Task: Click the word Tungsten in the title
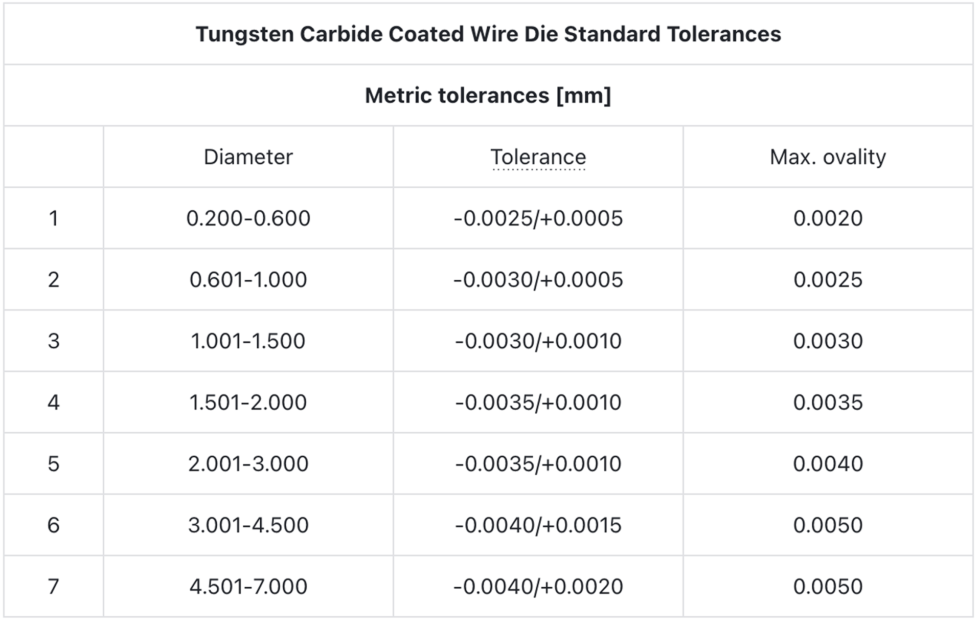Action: tap(244, 35)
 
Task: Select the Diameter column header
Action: tap(248, 157)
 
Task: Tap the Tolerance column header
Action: tap(538, 157)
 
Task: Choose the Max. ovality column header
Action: tap(828, 157)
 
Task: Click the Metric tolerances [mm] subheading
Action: tap(488, 96)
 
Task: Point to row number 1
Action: tap(53, 218)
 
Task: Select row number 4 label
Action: tap(53, 403)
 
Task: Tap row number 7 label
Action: tap(53, 587)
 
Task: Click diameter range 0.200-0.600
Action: tap(248, 218)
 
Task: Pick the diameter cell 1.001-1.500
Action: tap(248, 341)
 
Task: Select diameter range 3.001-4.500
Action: tap(248, 525)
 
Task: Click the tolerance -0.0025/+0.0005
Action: tap(538, 218)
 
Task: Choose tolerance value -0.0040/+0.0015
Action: tap(538, 525)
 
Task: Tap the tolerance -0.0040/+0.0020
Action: tap(538, 587)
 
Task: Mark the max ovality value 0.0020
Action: tap(828, 218)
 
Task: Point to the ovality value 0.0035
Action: tap(828, 403)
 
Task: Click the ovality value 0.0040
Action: tap(828, 464)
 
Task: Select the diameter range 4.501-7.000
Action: tap(248, 587)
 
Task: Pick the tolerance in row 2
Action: tap(538, 280)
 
